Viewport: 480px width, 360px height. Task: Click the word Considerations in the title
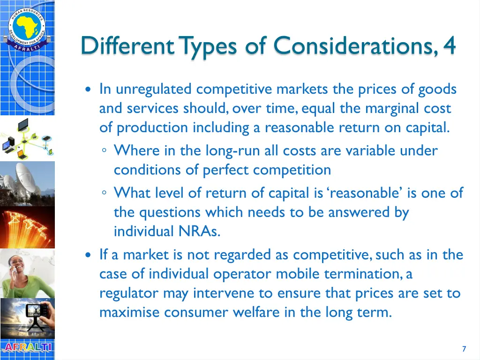[x=354, y=46]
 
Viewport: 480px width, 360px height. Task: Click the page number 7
[x=464, y=349]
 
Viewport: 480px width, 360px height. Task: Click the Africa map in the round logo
[x=27, y=25]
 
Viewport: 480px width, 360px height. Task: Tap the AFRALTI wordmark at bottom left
[x=27, y=347]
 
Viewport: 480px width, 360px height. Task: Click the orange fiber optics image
[x=27, y=227]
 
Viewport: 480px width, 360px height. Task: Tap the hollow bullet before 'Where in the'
[x=105, y=151]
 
